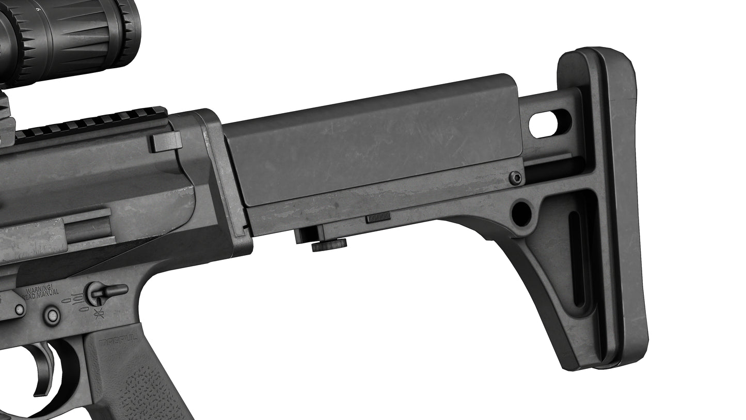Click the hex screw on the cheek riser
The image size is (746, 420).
(x=515, y=178)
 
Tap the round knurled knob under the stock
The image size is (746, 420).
(x=329, y=245)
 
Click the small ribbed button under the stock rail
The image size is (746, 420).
(x=378, y=217)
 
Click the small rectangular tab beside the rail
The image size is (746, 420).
(x=166, y=141)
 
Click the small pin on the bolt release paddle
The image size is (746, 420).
(x=19, y=309)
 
